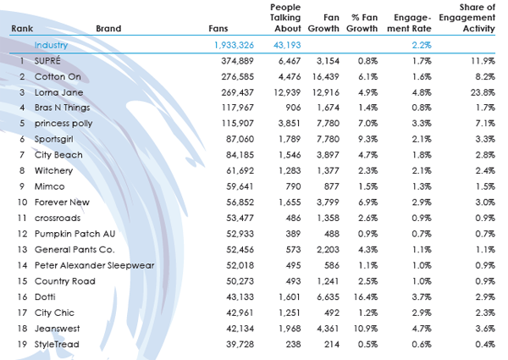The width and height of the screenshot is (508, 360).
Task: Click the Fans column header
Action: click(x=218, y=29)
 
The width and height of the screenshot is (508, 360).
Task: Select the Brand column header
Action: click(x=108, y=29)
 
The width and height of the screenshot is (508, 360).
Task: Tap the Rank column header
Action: click(x=22, y=29)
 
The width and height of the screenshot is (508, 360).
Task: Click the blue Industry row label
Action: click(x=51, y=45)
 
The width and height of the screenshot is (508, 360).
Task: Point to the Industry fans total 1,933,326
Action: click(x=234, y=45)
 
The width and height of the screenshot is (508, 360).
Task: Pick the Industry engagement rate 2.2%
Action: click(x=422, y=45)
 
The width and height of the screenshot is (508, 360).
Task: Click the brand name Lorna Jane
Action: click(x=58, y=92)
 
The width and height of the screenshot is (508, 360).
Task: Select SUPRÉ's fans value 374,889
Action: click(x=237, y=61)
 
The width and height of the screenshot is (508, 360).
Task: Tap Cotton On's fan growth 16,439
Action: click(x=326, y=77)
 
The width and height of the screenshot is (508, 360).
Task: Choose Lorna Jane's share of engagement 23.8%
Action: click(x=483, y=92)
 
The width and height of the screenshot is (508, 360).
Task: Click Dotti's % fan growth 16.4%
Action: click(x=366, y=296)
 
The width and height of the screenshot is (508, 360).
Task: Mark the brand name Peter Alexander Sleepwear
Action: click(x=94, y=265)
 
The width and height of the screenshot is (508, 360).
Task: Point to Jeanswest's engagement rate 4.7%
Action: click(x=422, y=329)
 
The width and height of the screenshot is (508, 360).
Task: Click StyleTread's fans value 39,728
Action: click(x=240, y=344)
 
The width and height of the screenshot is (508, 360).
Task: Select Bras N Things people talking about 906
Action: click(x=293, y=108)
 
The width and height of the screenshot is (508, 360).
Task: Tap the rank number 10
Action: click(x=22, y=202)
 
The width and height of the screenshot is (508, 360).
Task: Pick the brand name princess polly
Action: click(x=63, y=124)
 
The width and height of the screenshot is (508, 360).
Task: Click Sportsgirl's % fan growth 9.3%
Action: click(x=368, y=139)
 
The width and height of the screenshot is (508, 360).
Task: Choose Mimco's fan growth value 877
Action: click(x=331, y=186)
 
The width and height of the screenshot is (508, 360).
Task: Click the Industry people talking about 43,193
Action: click(x=287, y=45)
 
